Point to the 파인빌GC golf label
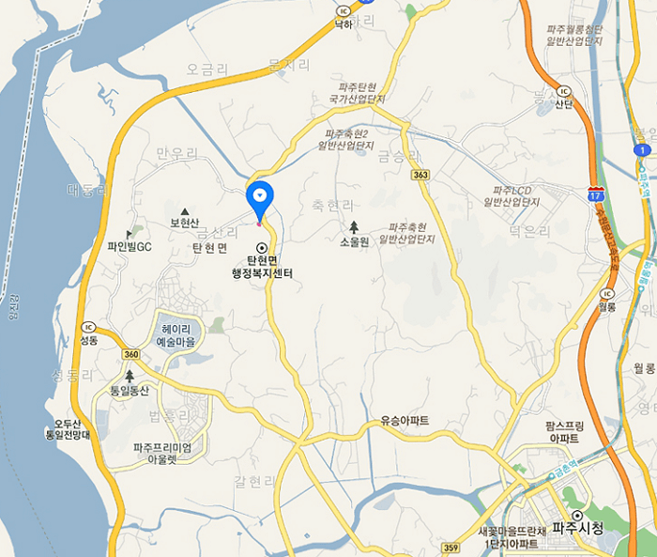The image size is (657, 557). (x=130, y=247)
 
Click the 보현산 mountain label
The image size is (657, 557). (x=185, y=223)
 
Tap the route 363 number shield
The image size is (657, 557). (x=420, y=176)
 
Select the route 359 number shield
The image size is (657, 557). (x=451, y=548)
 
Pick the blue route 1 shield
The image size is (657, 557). (x=642, y=149)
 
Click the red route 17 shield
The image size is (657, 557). (x=595, y=192)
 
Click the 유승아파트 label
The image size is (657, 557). (x=405, y=420)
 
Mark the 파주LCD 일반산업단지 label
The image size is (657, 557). (x=512, y=196)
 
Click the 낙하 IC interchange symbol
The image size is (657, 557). (x=343, y=10)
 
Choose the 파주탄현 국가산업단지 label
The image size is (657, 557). (x=357, y=92)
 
